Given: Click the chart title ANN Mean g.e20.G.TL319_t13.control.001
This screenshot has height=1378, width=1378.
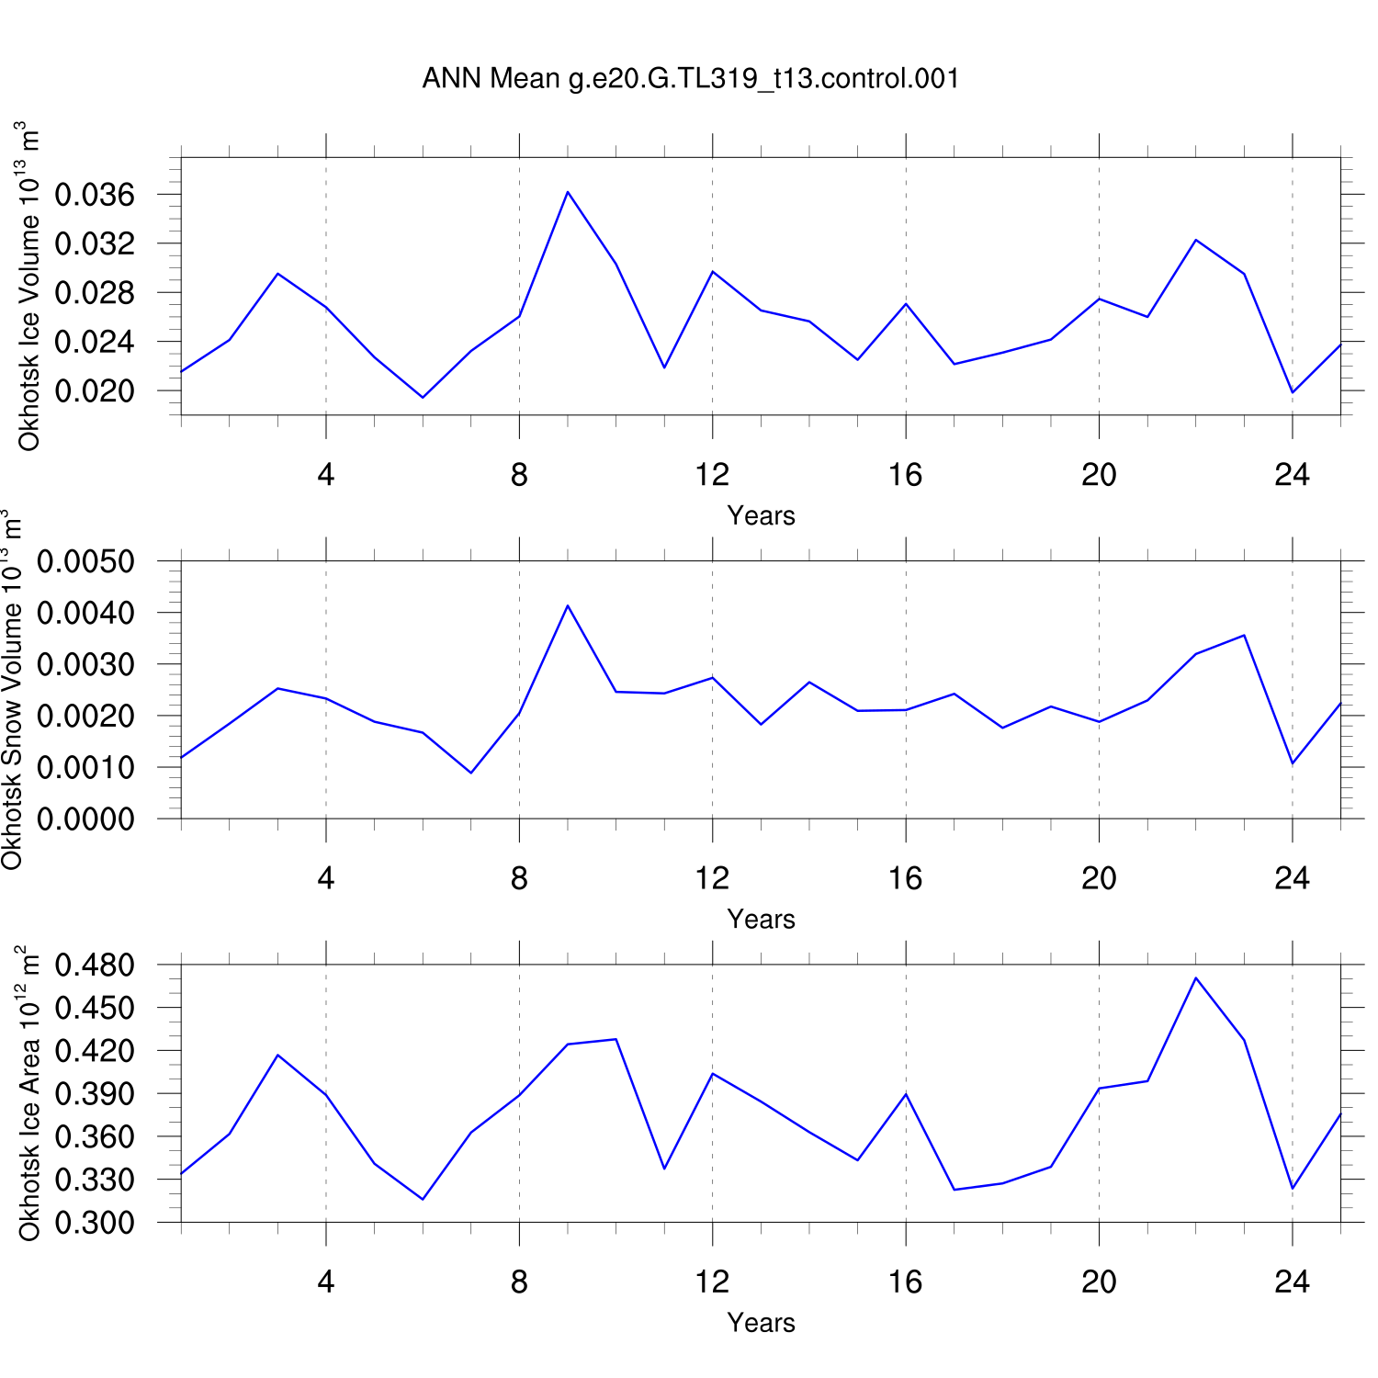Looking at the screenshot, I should tap(691, 78).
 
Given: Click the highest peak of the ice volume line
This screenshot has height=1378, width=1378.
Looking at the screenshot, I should tap(568, 192).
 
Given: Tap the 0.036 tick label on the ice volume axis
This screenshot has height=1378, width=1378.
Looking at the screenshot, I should tap(95, 195).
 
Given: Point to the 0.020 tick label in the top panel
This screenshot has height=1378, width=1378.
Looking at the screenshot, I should tap(95, 391).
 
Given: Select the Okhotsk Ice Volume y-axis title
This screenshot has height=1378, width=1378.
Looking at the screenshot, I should tap(29, 287).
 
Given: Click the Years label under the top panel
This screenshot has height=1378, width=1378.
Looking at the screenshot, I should tap(761, 515).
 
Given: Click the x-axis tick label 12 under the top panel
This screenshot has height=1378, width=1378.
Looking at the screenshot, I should tap(712, 475).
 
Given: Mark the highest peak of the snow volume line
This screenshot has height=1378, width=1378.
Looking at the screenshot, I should tap(568, 606).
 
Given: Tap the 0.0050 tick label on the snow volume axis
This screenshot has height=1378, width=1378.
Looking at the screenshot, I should tap(85, 561).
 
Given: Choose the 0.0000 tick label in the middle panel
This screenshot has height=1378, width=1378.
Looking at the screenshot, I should tap(85, 819).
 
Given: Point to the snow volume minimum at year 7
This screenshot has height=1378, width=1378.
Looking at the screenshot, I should tap(471, 773).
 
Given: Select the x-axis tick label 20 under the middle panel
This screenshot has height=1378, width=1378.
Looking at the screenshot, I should tap(1099, 879).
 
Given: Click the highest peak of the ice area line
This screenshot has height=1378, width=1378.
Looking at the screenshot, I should tap(1195, 978).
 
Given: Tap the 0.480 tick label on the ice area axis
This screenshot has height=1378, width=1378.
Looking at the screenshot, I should tap(95, 966).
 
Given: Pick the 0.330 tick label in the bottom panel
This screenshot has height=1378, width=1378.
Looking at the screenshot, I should tap(95, 1180).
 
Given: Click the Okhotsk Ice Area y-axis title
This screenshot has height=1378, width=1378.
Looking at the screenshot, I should tap(29, 1093).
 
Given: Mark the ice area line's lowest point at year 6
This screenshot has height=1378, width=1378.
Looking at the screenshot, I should tap(423, 1199).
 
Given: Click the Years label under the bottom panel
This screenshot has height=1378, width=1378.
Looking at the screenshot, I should tap(761, 1323).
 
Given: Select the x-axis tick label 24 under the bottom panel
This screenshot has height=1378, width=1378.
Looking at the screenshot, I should tap(1292, 1282).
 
